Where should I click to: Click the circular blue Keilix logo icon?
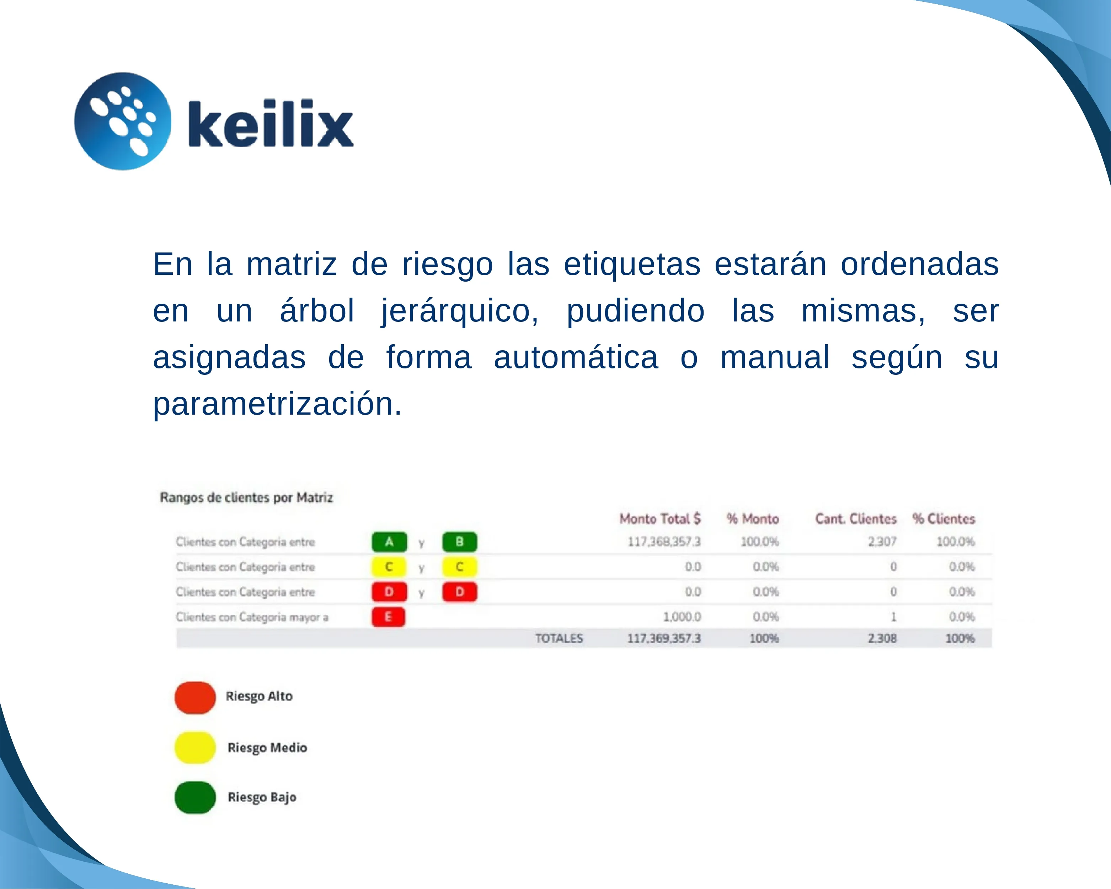pyautogui.click(x=123, y=121)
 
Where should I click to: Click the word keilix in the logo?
pyautogui.click(x=271, y=124)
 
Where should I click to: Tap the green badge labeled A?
pyautogui.click(x=389, y=542)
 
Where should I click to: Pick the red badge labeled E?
pyautogui.click(x=388, y=617)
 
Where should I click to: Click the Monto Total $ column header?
pyautogui.click(x=659, y=518)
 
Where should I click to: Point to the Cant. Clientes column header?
pyautogui.click(x=855, y=518)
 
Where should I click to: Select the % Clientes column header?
pyautogui.click(x=944, y=518)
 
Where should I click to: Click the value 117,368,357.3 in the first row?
pyautogui.click(x=664, y=542)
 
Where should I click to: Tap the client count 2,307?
pyautogui.click(x=882, y=542)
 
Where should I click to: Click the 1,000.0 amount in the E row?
pyautogui.click(x=682, y=617)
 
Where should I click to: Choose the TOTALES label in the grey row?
pyautogui.click(x=559, y=639)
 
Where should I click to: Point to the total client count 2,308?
pyautogui.click(x=882, y=639)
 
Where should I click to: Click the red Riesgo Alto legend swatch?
pyautogui.click(x=195, y=697)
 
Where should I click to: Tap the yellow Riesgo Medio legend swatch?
pyautogui.click(x=195, y=747)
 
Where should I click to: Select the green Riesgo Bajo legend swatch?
pyautogui.click(x=195, y=797)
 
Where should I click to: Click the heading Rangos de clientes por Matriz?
pyautogui.click(x=246, y=497)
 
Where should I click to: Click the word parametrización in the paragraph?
pyautogui.click(x=277, y=404)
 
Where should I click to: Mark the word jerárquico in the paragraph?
pyautogui.click(x=460, y=311)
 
